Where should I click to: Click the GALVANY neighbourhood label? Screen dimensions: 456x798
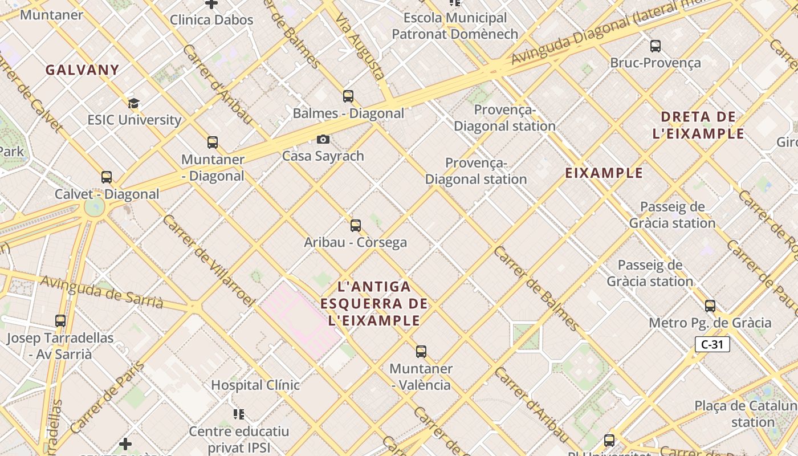point(83,70)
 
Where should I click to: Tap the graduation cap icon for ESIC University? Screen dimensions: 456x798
point(133,103)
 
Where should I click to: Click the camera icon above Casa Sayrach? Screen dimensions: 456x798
point(323,139)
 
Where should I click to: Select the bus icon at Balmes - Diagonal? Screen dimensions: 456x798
point(348,96)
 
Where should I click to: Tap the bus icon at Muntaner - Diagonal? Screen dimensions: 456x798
point(213,142)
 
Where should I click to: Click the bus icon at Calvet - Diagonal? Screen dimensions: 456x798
point(107,177)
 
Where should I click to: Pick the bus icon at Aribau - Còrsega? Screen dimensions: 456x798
point(356,226)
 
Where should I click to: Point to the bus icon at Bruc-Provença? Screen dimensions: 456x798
point(655,46)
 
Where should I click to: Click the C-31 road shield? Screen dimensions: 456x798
point(712,344)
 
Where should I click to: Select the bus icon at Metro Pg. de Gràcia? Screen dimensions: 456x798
point(710,306)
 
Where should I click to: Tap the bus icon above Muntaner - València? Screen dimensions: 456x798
point(421,352)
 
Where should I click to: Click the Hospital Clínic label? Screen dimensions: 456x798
point(255,385)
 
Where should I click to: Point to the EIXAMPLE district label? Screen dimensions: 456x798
point(604,173)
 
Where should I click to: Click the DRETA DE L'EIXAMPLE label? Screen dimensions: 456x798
point(698,125)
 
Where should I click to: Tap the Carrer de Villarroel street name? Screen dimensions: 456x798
point(208,259)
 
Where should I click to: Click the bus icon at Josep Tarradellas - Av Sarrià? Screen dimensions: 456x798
point(60,321)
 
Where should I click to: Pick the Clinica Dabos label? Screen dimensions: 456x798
point(211,20)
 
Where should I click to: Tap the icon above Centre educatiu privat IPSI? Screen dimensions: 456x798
point(239,414)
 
